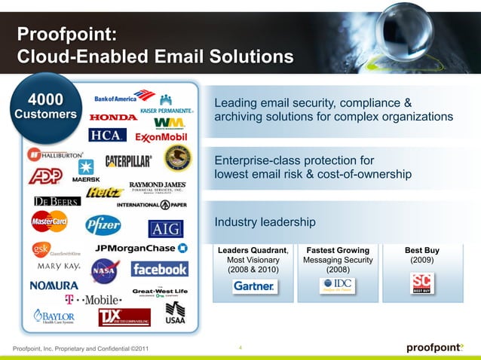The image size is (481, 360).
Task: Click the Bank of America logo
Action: click(x=124, y=97)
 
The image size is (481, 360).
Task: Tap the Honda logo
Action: click(x=113, y=117)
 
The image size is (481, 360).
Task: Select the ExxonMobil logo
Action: click(x=161, y=138)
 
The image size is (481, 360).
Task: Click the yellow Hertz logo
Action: click(x=104, y=192)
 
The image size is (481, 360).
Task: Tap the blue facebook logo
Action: click(x=159, y=269)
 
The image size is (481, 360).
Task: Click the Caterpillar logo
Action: click(x=128, y=160)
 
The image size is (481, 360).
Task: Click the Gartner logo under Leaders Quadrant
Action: click(x=253, y=286)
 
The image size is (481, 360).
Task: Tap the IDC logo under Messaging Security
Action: click(x=337, y=285)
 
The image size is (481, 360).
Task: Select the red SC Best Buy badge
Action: click(x=421, y=284)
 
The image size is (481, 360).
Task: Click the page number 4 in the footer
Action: click(x=240, y=347)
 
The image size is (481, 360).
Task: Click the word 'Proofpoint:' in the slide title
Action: click(x=66, y=34)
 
